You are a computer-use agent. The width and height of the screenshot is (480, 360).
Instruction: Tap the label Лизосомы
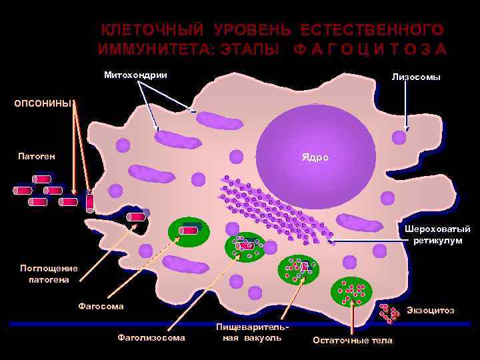pos(416,77)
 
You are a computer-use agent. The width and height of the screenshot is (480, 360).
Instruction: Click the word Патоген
pos(37,157)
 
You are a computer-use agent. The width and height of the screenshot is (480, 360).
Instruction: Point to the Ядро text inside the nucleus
pos(315,158)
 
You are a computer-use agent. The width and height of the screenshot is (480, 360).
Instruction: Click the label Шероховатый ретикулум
pos(437,234)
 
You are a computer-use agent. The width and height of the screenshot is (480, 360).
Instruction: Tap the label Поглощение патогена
pos(49,273)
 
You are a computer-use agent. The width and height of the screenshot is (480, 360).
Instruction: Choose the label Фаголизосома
pos(151,337)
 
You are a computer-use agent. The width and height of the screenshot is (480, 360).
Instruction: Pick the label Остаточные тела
pos(353,340)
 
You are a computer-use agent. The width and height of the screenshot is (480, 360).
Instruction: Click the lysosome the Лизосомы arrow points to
pos(399,138)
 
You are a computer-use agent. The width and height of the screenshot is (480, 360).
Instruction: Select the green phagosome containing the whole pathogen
pos(189,230)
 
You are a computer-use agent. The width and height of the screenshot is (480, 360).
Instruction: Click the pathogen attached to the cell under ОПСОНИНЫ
pos(90,202)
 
